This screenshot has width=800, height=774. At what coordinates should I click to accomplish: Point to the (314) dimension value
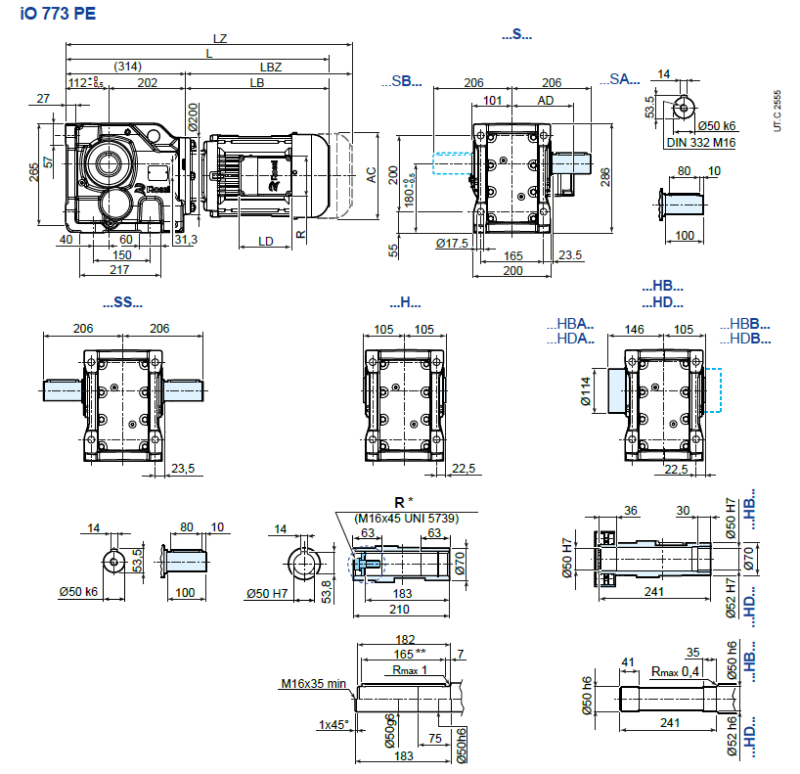(x=128, y=67)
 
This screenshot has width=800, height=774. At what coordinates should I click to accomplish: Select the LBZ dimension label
(x=271, y=67)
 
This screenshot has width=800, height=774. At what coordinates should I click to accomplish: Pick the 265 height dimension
(x=34, y=173)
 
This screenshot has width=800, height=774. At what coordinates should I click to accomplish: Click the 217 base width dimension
(x=119, y=269)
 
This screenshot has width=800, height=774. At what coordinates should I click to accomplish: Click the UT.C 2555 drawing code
(x=778, y=111)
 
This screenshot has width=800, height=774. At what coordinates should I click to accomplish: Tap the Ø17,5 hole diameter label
(x=451, y=242)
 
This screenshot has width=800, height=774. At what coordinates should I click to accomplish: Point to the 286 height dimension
(x=605, y=176)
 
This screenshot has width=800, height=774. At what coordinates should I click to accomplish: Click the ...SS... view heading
(x=122, y=302)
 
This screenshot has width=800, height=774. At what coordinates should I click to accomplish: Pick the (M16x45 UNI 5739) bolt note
(x=400, y=517)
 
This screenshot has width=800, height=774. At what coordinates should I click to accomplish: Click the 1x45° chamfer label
(x=333, y=724)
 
